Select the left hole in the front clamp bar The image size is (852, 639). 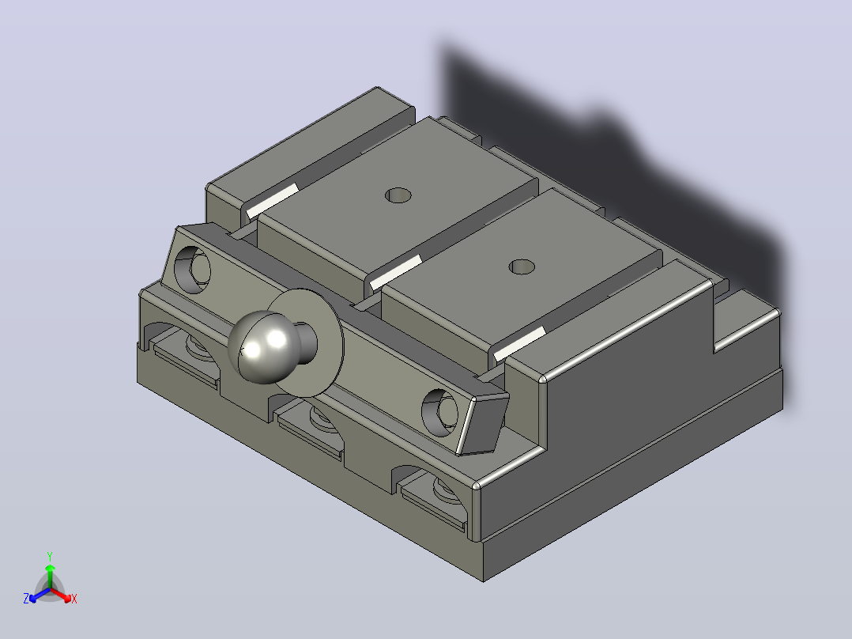click(x=192, y=269)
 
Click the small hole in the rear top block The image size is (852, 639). click(x=398, y=195)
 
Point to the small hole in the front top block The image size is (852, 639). click(x=522, y=267)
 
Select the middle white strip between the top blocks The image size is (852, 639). click(x=395, y=272)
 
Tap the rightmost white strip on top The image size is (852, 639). click(x=519, y=344)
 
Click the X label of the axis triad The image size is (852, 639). click(x=74, y=599)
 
